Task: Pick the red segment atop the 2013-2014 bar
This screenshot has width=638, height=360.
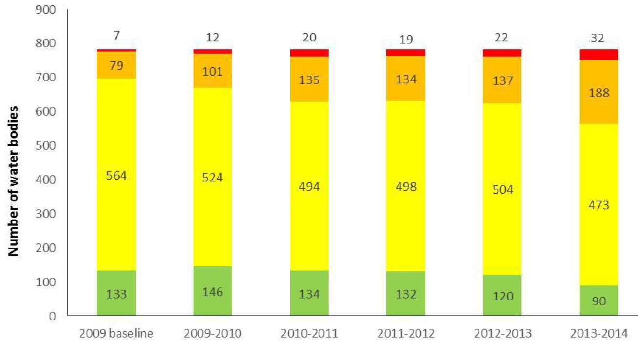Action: coord(599,55)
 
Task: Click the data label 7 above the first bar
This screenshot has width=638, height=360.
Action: coord(116,35)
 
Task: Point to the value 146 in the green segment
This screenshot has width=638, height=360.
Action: coord(213,293)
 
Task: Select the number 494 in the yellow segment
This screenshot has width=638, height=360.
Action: coord(309,186)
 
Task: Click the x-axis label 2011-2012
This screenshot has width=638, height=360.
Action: coord(406,335)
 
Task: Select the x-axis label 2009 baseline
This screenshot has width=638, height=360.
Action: coord(116,335)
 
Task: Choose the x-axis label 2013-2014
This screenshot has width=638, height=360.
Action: coord(599,335)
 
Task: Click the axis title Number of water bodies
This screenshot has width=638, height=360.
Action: coord(14,180)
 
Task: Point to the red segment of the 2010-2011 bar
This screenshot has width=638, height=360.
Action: coord(309,53)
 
